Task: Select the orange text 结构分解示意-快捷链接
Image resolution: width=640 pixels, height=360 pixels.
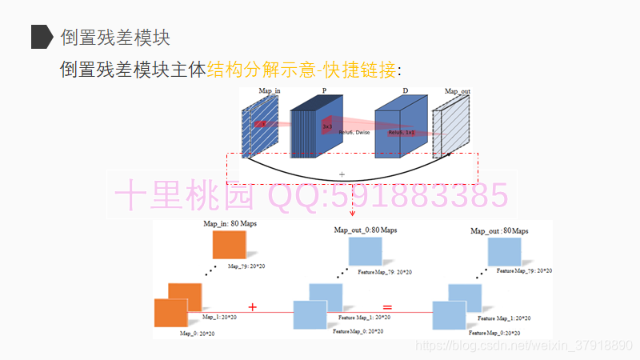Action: (x=302, y=70)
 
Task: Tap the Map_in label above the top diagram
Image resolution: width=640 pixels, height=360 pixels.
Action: (x=270, y=92)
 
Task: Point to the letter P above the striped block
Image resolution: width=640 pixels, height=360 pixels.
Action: (x=324, y=92)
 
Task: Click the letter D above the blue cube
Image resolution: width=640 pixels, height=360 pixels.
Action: (x=405, y=92)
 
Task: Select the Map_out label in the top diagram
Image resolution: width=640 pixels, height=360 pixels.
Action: (x=457, y=92)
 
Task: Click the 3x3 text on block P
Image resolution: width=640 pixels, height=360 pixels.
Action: (x=327, y=127)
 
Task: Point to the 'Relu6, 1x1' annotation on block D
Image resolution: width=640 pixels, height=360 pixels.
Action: (x=402, y=133)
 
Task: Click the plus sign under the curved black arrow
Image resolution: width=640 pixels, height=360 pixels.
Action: (x=342, y=174)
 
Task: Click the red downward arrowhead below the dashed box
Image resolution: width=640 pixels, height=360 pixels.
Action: (x=353, y=214)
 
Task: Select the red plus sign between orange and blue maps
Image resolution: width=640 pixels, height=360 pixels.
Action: (x=253, y=306)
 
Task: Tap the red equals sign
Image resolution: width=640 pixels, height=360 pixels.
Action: (x=387, y=306)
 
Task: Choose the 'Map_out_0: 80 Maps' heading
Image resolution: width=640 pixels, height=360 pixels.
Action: (x=365, y=230)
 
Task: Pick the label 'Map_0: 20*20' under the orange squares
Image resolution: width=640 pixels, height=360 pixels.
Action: (x=197, y=333)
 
